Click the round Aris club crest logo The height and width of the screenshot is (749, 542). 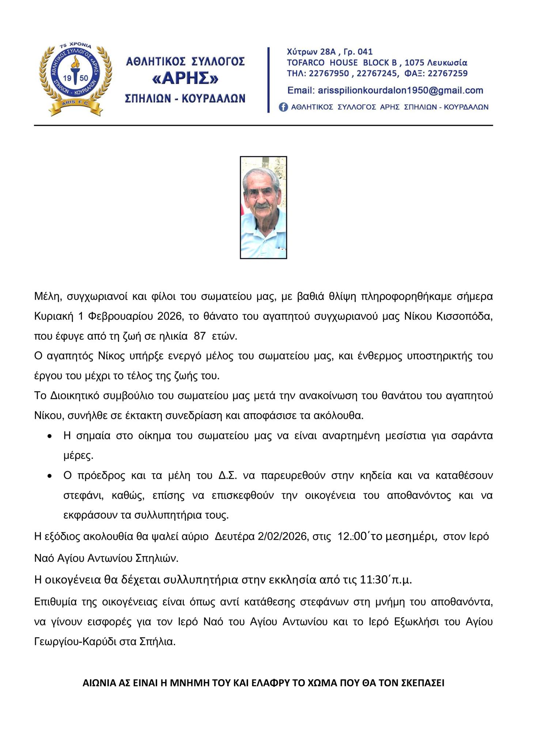tap(75, 78)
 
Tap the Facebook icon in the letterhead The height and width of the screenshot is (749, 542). tap(283, 107)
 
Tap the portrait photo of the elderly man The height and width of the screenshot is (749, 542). tap(263, 207)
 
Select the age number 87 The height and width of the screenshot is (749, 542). tap(200, 336)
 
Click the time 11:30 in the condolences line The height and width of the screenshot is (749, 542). tap(372, 580)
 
